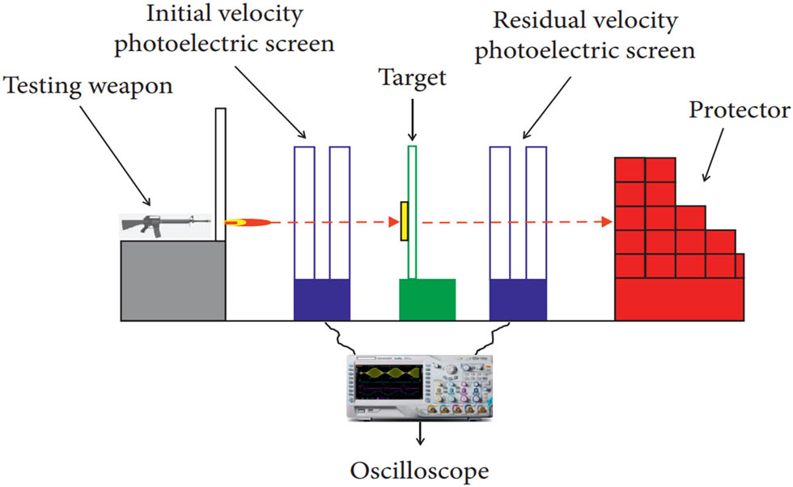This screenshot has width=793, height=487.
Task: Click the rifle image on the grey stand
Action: (167, 224)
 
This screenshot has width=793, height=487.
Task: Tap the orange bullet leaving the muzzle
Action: (244, 221)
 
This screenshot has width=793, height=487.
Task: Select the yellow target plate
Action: (402, 221)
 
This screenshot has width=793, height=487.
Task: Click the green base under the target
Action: (427, 300)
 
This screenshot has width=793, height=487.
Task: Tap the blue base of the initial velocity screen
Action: (321, 300)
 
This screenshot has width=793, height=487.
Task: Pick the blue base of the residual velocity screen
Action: (519, 300)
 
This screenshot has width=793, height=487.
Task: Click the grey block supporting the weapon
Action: (172, 280)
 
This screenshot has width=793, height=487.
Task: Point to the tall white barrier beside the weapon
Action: (220, 174)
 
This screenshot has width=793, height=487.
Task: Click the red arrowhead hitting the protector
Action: (604, 221)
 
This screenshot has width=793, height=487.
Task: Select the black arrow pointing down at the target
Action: (412, 119)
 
